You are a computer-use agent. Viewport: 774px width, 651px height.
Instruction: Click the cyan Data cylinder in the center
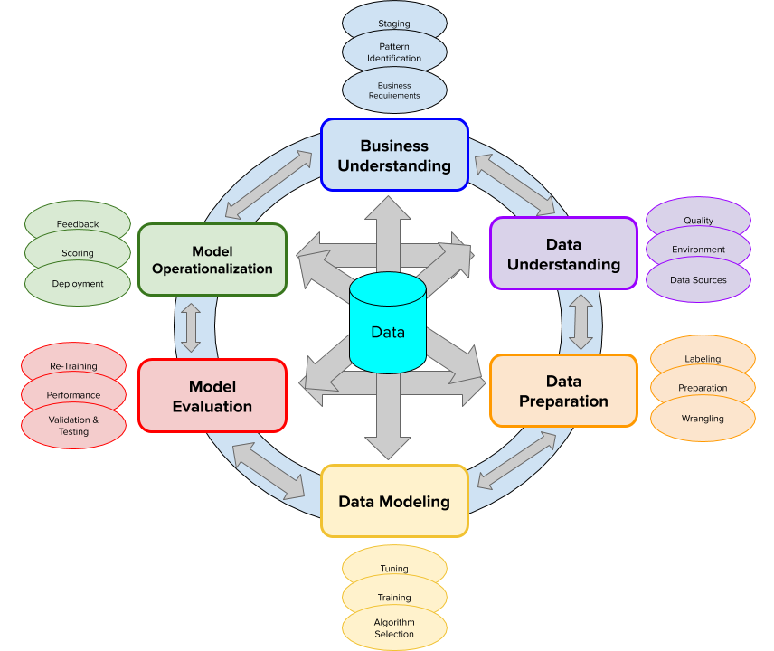point(388,324)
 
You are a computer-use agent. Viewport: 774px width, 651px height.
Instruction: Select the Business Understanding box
point(394,155)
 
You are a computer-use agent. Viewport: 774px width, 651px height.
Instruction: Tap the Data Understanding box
point(563,253)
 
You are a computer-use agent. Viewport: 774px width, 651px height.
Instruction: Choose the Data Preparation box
point(563,391)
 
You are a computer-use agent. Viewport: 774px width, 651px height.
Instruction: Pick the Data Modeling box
point(394,501)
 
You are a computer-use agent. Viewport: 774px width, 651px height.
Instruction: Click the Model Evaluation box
point(212,396)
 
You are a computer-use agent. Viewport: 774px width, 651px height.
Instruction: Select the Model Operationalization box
point(212,259)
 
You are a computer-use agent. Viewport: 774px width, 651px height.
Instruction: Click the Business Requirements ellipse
point(394,90)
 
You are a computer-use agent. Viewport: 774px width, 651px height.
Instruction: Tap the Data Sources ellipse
point(698,280)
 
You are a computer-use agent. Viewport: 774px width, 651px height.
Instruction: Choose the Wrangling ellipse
point(703,419)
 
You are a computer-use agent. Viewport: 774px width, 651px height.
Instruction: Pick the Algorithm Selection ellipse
point(394,627)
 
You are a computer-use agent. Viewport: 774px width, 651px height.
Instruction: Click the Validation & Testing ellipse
point(73,426)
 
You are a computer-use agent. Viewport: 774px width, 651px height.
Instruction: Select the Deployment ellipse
point(78,283)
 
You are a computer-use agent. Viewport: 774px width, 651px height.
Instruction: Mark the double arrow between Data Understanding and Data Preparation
point(580,322)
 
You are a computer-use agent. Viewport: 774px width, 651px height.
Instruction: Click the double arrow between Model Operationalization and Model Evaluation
point(191,327)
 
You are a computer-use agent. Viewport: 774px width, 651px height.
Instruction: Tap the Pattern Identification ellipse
point(394,51)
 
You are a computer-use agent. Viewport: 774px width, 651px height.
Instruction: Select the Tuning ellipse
point(394,562)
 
